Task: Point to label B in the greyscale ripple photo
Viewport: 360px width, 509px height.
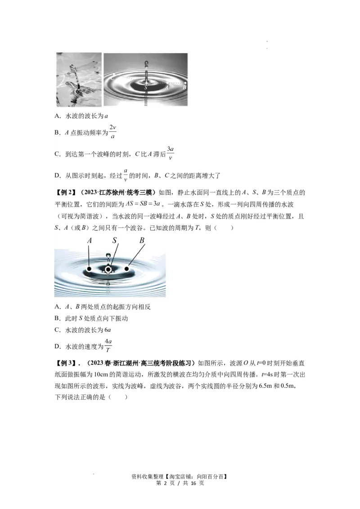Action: point(185,86)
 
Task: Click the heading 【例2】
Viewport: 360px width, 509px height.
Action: point(65,193)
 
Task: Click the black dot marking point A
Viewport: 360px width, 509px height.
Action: point(90,269)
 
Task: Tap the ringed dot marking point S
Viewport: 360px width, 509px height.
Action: point(108,269)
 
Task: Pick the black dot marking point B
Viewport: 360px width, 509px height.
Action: point(127,269)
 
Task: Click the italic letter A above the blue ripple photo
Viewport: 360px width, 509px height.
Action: point(90,241)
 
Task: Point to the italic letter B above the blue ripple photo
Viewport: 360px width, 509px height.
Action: point(142,241)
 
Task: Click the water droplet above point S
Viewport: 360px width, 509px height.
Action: point(108,256)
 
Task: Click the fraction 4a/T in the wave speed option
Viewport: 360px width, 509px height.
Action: point(108,345)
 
